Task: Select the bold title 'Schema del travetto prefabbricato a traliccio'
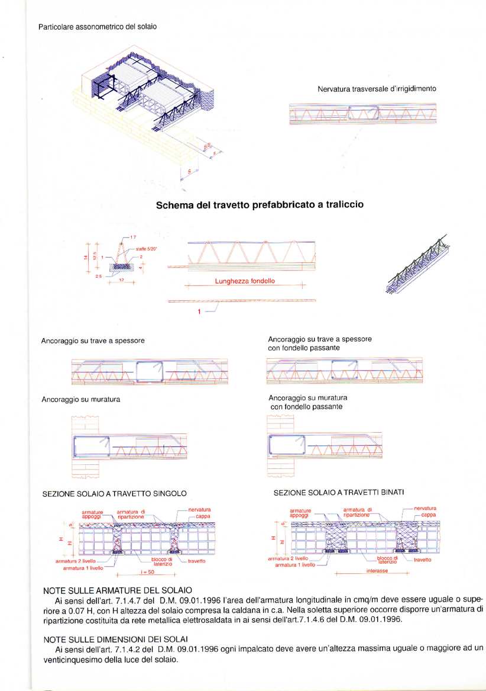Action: [x=259, y=205]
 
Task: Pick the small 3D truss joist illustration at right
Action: [x=415, y=265]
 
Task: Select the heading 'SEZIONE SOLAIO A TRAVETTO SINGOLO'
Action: [x=115, y=493]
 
